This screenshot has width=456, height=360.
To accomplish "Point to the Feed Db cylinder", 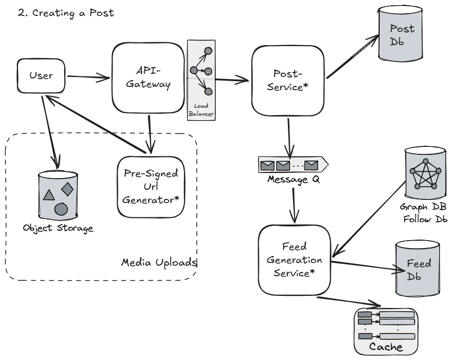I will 417,269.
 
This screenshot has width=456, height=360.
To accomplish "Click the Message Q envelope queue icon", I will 292,165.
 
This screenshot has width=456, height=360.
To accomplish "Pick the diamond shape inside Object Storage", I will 67,188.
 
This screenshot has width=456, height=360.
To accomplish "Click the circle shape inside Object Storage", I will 61,208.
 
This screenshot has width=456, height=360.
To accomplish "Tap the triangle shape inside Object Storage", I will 48,195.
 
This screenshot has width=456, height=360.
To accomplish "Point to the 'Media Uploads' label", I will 159,262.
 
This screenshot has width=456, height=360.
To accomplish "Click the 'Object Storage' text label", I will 58,229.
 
